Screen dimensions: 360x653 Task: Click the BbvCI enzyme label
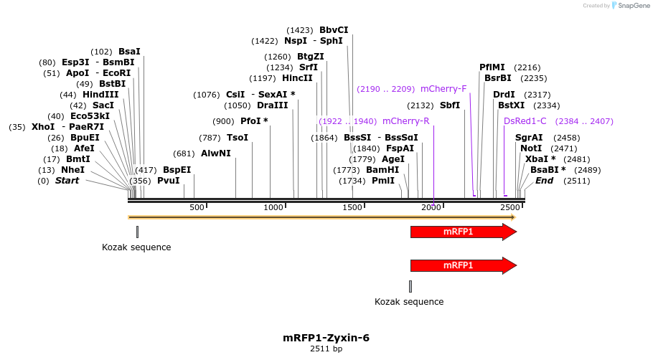pos(334,30)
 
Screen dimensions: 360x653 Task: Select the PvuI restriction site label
pos(168,181)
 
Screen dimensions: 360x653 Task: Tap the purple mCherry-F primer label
pos(443,89)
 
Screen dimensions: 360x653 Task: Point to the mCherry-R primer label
pos(405,121)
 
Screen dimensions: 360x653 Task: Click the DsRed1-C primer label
pos(525,121)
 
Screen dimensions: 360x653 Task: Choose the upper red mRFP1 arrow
pos(463,232)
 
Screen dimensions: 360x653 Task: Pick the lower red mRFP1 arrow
pos(463,265)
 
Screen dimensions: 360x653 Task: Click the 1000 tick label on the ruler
pos(273,207)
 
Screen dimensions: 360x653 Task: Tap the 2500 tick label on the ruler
pos(509,207)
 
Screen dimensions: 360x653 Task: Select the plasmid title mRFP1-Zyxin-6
pos(326,338)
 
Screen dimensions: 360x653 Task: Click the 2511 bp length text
pos(326,349)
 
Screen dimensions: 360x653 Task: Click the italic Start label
pos(67,181)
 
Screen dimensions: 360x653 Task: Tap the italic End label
pos(544,181)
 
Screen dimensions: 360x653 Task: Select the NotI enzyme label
pos(531,148)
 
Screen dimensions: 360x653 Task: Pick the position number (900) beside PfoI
pos(223,121)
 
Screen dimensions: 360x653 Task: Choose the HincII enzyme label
pos(297,78)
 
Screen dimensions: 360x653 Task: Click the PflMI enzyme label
pos(492,67)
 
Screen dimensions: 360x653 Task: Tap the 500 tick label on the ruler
pos(197,207)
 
